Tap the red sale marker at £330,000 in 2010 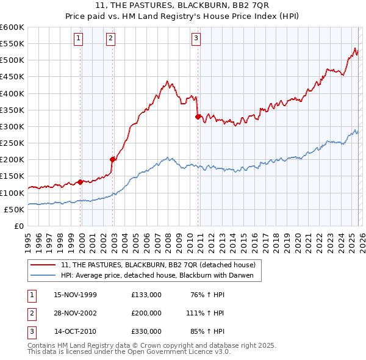(198, 117)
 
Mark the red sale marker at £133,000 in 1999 (81, 182)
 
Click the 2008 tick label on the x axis (168, 240)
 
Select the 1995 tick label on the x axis (28, 240)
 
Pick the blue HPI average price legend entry (161, 275)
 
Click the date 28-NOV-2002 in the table (75, 313)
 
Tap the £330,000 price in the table (146, 331)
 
